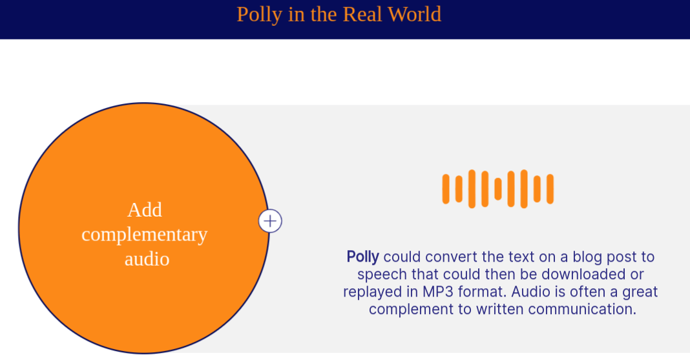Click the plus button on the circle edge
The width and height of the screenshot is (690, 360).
coord(270,221)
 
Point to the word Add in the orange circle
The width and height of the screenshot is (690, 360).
coord(145,209)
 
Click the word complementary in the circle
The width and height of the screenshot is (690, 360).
coord(144,235)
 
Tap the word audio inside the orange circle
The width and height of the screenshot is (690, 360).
coord(147,259)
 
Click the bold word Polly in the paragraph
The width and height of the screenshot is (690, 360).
coord(362,257)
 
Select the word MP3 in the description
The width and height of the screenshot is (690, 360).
coord(438,291)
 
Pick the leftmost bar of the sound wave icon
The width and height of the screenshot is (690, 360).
coord(446,189)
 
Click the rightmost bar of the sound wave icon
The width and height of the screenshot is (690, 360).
coord(550,189)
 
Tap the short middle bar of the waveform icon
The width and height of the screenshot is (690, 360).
coord(498,189)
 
